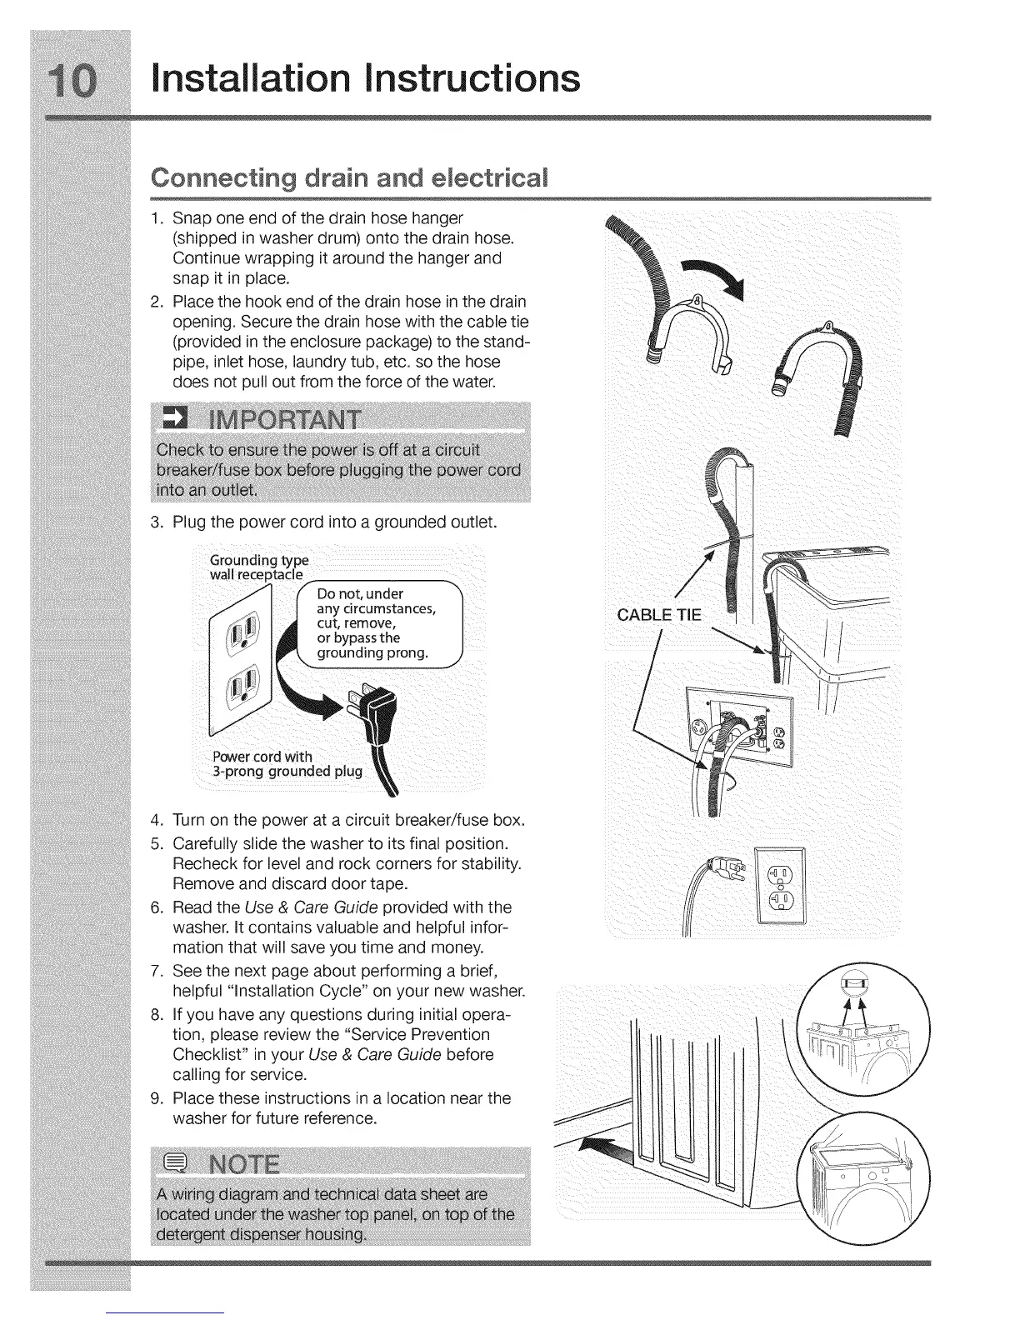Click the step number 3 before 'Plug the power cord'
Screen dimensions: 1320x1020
pos(156,523)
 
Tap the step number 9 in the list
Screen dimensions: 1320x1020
pos(156,1098)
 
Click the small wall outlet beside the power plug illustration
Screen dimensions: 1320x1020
pos(779,885)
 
